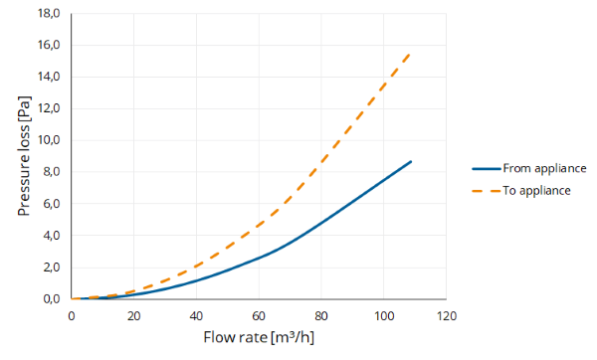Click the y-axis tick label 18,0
[49, 13]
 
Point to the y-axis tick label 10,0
[49, 140]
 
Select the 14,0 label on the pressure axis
[49, 77]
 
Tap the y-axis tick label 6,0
[52, 204]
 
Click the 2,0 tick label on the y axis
[52, 268]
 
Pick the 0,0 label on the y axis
[52, 299]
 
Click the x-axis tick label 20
[133, 316]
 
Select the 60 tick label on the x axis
[259, 316]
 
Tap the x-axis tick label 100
[384, 316]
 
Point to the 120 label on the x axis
[446, 316]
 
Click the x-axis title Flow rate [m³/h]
[259, 337]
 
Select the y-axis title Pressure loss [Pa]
[24, 156]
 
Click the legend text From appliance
[544, 169]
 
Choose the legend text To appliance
[536, 190]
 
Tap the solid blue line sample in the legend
[487, 169]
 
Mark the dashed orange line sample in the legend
[487, 191]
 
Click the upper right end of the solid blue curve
[411, 162]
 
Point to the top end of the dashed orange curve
[409, 55]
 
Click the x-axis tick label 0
[72, 316]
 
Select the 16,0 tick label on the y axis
[49, 45]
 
